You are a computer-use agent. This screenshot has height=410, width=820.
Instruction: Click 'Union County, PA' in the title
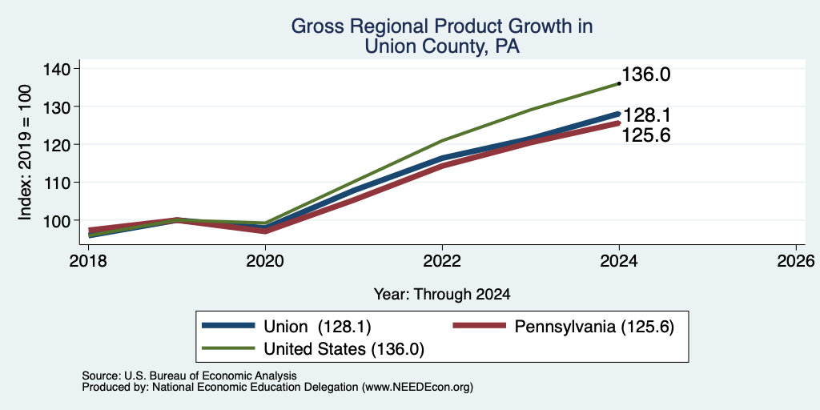(x=442, y=46)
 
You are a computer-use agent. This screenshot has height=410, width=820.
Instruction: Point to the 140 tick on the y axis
(x=58, y=69)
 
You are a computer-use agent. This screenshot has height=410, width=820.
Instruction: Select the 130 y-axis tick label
(x=58, y=107)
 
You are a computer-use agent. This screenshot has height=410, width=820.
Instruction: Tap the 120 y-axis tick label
(x=58, y=144)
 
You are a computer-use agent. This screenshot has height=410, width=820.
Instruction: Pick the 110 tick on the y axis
(x=58, y=183)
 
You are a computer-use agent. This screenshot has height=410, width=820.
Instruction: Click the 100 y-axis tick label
(x=58, y=220)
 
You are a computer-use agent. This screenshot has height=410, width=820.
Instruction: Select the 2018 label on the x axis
(x=88, y=260)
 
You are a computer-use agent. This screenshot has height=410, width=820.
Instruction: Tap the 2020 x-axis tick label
(x=265, y=260)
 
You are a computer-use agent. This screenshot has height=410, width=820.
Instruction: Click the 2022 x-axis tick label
(x=442, y=260)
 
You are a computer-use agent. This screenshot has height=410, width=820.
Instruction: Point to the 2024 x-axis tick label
(x=619, y=260)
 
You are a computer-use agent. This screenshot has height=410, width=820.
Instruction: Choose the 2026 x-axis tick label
(x=796, y=260)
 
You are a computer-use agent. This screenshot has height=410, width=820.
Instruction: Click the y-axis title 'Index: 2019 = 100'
(x=25, y=152)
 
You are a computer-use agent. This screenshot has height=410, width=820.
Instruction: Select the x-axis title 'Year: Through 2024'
(x=442, y=294)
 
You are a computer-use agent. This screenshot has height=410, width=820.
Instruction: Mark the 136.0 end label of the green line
(x=646, y=74)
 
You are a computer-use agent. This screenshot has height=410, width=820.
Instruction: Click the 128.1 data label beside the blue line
(x=646, y=115)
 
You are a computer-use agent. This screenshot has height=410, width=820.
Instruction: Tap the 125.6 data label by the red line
(x=646, y=135)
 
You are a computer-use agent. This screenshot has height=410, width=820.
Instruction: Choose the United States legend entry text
(x=344, y=349)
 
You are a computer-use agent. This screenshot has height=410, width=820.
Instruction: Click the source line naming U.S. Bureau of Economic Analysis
(x=189, y=376)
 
